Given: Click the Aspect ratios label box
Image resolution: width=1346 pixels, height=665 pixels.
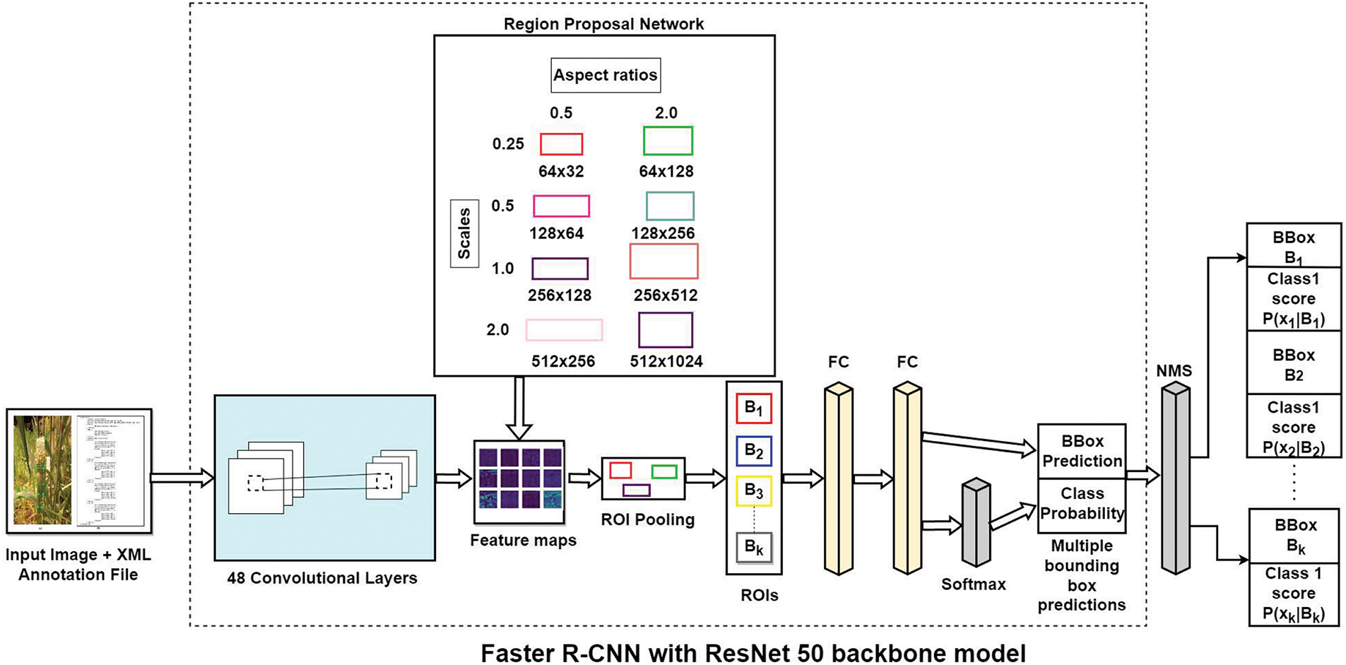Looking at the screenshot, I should [x=606, y=76].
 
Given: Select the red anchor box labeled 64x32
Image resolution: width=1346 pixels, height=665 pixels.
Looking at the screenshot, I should [x=562, y=144].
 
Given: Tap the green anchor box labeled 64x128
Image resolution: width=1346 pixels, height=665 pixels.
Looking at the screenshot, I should [x=668, y=141].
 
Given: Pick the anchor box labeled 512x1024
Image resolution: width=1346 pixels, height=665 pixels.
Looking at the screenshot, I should [x=666, y=329].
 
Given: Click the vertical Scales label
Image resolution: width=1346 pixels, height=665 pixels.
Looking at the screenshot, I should [x=464, y=233].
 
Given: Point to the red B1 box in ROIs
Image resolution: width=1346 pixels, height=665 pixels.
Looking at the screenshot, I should [x=754, y=408].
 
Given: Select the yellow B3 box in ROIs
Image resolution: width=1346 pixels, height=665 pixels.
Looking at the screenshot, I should [x=754, y=491].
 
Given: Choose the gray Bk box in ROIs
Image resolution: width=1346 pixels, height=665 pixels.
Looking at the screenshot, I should [x=754, y=547].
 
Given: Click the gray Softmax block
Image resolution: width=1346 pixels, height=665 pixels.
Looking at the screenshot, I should [x=976, y=523].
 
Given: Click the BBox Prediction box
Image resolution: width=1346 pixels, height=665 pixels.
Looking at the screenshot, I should [x=1082, y=452].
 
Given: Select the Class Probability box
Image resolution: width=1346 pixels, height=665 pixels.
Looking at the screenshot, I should [x=1082, y=505].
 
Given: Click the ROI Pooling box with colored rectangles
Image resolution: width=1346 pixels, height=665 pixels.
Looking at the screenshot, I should [x=643, y=479].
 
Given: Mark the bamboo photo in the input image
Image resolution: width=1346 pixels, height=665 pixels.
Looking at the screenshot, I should [x=43, y=470].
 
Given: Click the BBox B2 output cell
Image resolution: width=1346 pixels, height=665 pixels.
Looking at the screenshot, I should [x=1293, y=365].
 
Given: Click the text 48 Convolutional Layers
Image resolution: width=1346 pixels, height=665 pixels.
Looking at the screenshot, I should [x=322, y=578].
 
